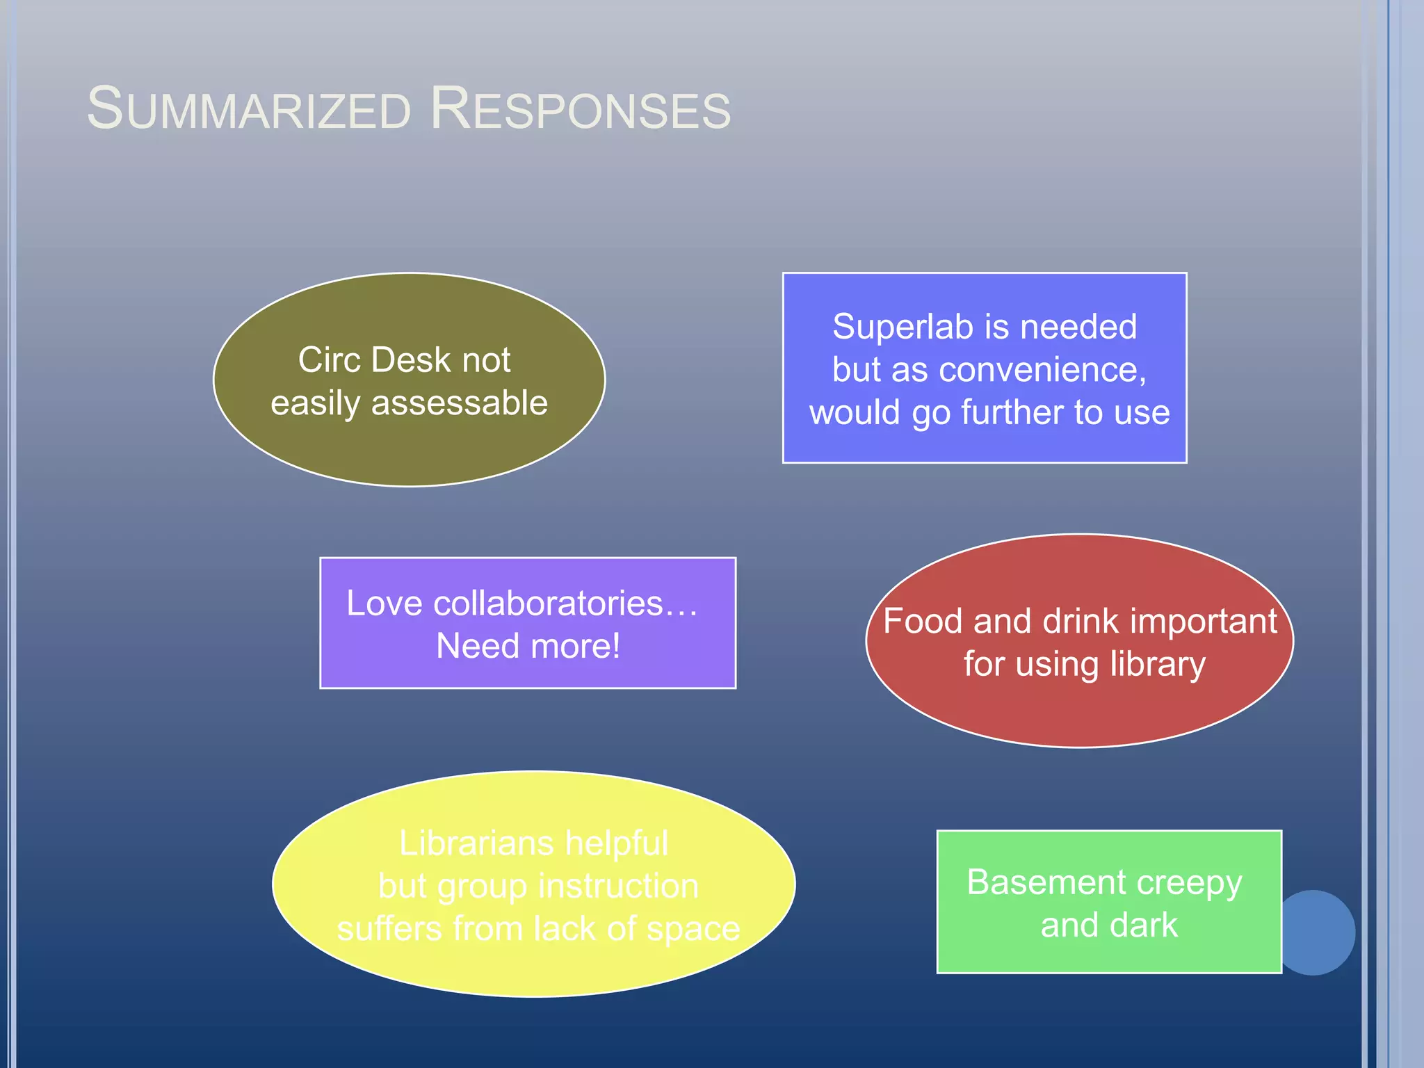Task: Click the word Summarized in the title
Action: pyautogui.click(x=249, y=110)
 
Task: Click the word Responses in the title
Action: pyautogui.click(x=581, y=110)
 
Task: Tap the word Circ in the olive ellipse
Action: pyautogui.click(x=329, y=360)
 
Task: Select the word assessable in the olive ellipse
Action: pyautogui.click(x=459, y=403)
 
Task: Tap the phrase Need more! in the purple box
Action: pyautogui.click(x=528, y=646)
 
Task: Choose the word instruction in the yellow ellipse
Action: pyautogui.click(x=618, y=887)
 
